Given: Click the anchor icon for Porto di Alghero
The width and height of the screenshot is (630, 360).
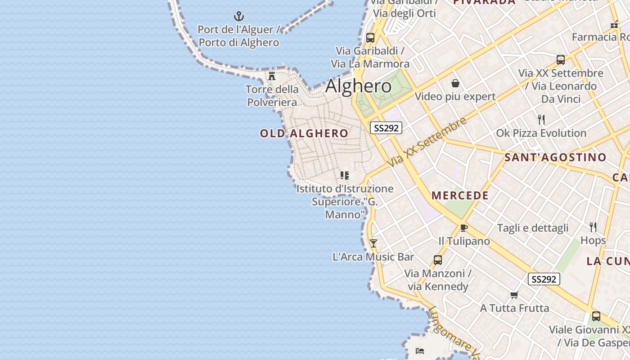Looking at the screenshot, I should tap(239, 17).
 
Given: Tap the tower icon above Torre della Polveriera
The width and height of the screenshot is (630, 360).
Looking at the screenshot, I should tap(272, 76).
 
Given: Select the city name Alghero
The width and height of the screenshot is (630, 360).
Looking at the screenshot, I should tap(358, 85).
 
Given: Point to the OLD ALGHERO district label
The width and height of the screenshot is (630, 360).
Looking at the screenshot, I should tap(304, 133).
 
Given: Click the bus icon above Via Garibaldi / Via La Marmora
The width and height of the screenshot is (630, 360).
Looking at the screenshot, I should tap(370, 38).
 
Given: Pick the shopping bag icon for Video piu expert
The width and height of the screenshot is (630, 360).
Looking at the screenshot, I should tap(455, 83).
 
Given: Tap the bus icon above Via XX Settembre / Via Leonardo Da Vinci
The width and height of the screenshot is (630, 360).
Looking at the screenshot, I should tap(560, 59).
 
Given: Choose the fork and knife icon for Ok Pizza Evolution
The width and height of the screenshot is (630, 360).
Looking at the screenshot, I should tap(541, 120).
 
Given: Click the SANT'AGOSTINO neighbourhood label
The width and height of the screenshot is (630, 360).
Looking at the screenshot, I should tap(555, 157).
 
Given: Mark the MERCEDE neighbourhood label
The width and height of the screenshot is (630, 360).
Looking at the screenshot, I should tap(460, 195).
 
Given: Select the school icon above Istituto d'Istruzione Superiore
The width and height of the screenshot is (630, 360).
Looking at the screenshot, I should tap(345, 175).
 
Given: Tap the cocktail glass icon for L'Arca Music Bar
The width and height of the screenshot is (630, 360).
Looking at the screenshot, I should tap(373, 243).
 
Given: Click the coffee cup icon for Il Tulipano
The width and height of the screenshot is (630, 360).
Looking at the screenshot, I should tap(464, 228).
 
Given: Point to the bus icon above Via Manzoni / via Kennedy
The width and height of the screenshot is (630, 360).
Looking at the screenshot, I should tap(437, 260).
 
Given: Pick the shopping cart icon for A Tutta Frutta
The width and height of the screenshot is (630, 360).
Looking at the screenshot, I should tap(514, 295).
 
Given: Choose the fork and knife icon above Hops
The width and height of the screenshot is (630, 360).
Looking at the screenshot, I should tap(593, 227).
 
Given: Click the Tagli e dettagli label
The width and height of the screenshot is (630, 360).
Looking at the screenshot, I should tap(533, 228).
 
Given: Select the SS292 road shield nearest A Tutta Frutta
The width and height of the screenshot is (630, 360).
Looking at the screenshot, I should tap(544, 279).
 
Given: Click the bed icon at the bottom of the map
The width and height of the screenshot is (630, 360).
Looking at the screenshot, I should tap(420, 351).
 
